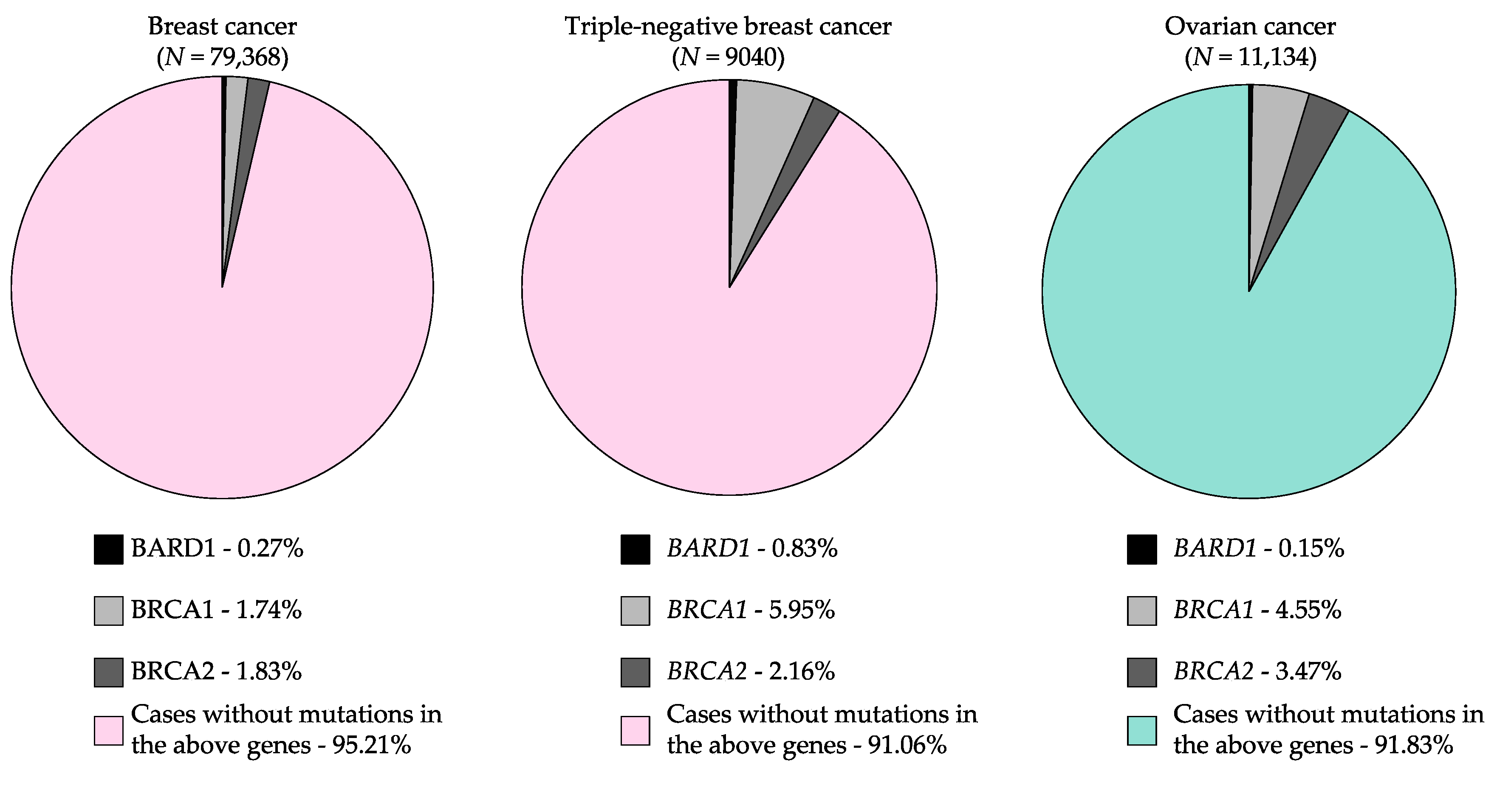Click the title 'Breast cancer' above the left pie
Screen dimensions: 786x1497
pyautogui.click(x=222, y=27)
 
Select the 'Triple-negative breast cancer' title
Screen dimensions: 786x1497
pyautogui.click(x=728, y=27)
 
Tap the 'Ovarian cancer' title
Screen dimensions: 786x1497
pyautogui.click(x=1250, y=27)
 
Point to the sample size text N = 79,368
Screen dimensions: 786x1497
pyautogui.click(x=222, y=57)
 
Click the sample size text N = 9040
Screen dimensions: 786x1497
pyautogui.click(x=728, y=57)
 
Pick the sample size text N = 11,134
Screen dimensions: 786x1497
pyautogui.click(x=1250, y=57)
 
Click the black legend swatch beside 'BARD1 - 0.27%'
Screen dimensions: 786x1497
pyautogui.click(x=109, y=549)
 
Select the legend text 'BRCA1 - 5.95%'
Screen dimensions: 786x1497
pyautogui.click(x=750, y=610)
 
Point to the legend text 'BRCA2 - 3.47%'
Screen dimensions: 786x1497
pyautogui.click(x=1257, y=671)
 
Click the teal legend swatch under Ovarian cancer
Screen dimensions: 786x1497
pyautogui.click(x=1141, y=731)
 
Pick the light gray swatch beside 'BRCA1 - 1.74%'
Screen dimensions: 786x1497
pyautogui.click(x=109, y=611)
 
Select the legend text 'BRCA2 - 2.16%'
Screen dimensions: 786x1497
pyautogui.click(x=750, y=671)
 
